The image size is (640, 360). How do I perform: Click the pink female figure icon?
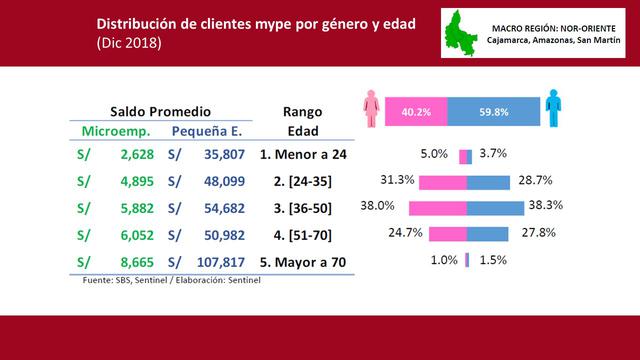[372, 111]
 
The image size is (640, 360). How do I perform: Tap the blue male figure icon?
[551, 111]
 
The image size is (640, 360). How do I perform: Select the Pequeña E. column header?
[208, 131]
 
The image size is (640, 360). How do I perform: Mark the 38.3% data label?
[546, 205]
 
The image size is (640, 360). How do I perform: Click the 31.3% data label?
[399, 180]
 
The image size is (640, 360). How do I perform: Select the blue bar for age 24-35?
[488, 182]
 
